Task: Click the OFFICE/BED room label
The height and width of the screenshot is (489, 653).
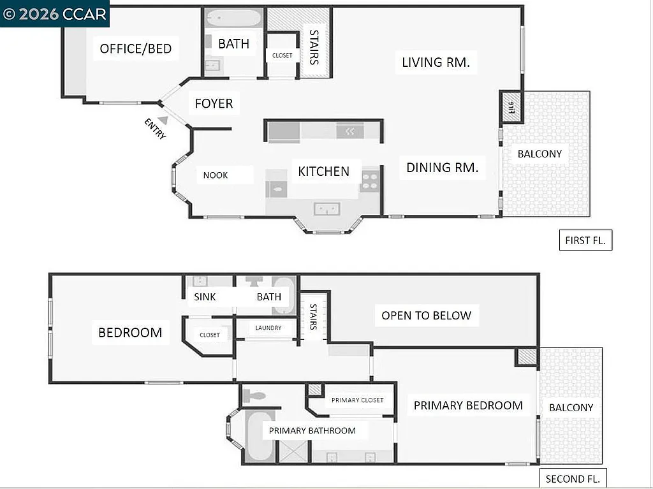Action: pyautogui.click(x=136, y=49)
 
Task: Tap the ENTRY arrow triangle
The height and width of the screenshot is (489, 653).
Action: pyautogui.click(x=163, y=119)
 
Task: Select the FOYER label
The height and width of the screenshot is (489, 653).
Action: pyautogui.click(x=214, y=103)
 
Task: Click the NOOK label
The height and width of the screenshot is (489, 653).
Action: pyautogui.click(x=216, y=175)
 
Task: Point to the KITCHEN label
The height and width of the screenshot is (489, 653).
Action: pyautogui.click(x=324, y=172)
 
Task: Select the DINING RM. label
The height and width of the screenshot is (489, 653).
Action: pyautogui.click(x=443, y=168)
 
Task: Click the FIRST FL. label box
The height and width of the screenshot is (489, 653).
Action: pyautogui.click(x=585, y=240)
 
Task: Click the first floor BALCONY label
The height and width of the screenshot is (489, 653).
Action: pyautogui.click(x=539, y=154)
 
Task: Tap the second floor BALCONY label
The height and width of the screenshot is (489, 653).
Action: pyautogui.click(x=571, y=407)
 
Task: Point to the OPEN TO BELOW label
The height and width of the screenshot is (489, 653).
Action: pyautogui.click(x=426, y=316)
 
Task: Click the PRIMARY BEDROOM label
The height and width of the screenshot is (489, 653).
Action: pyautogui.click(x=468, y=405)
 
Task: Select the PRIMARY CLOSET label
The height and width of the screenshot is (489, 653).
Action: pyautogui.click(x=357, y=400)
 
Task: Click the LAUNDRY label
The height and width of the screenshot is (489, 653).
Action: pyautogui.click(x=268, y=328)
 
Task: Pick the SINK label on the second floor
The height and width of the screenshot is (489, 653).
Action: pyautogui.click(x=205, y=296)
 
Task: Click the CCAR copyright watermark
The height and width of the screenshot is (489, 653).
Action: pyautogui.click(x=54, y=14)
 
